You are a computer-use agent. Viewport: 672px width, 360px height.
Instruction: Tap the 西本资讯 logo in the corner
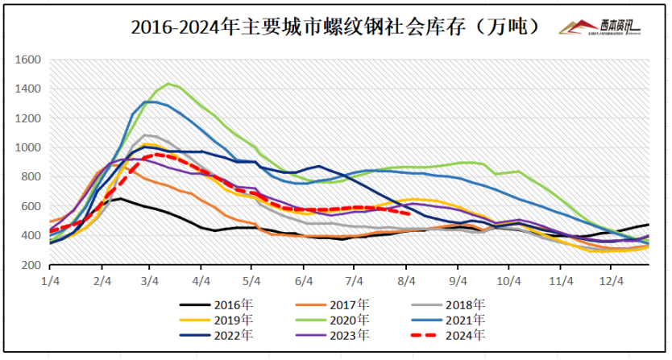(600, 27)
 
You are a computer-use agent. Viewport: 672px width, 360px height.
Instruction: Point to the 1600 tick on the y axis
(29, 60)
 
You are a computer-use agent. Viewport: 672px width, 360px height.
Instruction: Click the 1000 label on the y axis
(29, 147)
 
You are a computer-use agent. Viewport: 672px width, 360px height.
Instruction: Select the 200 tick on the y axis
(31, 265)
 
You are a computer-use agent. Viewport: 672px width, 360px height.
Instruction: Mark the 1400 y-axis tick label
(29, 89)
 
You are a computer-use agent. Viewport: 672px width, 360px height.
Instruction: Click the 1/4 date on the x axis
(50, 279)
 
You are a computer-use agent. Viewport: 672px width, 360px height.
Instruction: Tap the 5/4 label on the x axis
(253, 279)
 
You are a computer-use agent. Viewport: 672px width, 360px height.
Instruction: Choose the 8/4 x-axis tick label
(408, 279)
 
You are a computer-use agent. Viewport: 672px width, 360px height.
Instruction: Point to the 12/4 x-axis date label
(612, 279)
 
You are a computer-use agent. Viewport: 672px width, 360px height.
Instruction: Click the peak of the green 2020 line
(168, 84)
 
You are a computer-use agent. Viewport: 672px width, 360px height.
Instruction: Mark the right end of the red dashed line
(411, 213)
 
